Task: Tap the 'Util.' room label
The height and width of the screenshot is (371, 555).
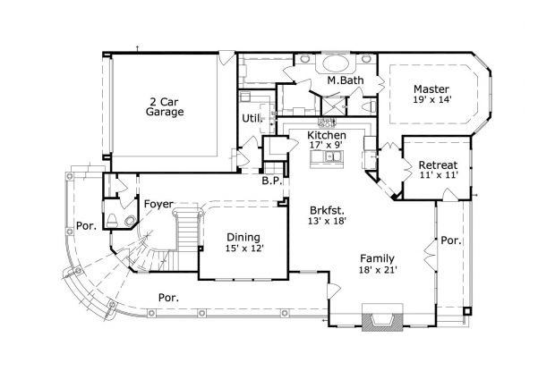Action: click(251, 117)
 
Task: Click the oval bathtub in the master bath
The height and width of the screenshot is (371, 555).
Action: click(337, 64)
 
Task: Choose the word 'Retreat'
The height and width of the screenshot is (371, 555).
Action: click(438, 165)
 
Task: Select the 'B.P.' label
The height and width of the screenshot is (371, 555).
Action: click(272, 181)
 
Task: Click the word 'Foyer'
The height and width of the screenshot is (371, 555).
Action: click(158, 204)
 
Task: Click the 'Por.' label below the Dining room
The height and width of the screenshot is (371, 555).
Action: click(167, 297)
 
